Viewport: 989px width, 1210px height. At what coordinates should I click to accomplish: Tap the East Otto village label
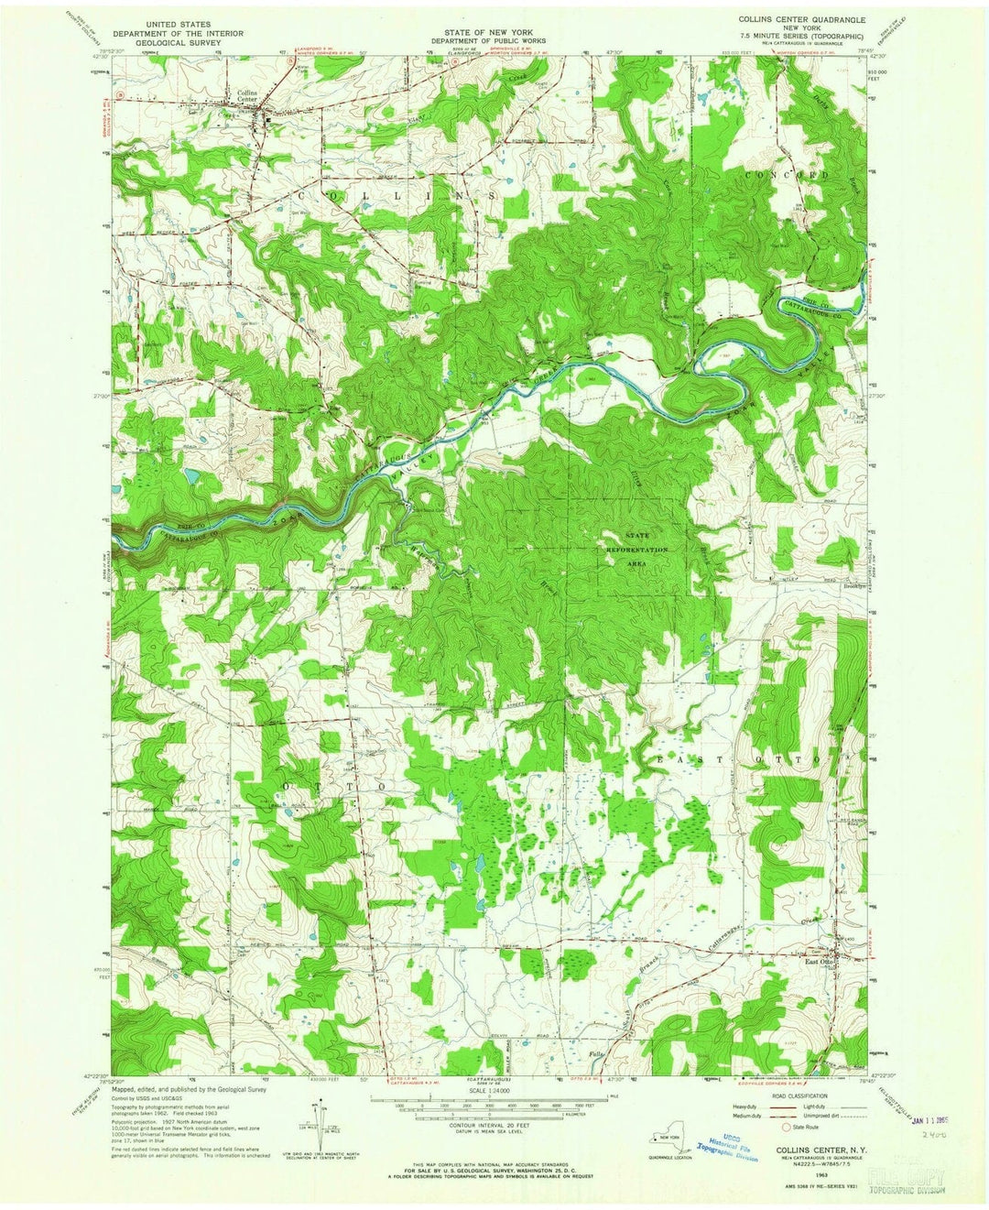818,962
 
